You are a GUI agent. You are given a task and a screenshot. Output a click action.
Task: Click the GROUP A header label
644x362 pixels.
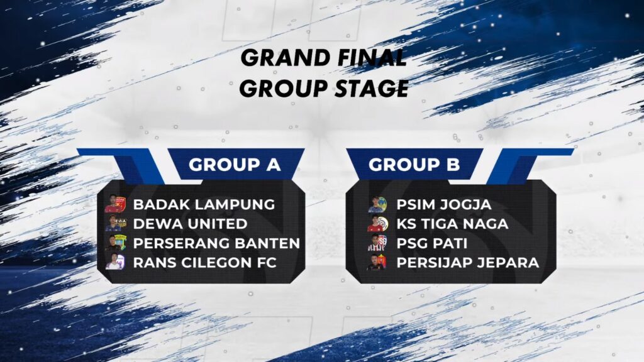pos(235,165)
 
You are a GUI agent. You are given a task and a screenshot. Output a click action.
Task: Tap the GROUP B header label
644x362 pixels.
pos(414,165)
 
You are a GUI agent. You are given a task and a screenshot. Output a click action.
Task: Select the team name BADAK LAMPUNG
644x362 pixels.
pos(204,204)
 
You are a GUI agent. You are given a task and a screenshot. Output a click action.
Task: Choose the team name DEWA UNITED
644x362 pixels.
pos(190,224)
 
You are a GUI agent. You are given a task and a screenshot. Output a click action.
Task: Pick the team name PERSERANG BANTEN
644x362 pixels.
pos(216,243)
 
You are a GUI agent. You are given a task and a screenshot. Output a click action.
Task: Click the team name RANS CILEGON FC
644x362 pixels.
pos(205,262)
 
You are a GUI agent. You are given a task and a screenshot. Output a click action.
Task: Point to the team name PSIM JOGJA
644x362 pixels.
pos(444,204)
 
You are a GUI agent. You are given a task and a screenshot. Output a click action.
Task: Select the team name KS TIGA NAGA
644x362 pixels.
pos(453,224)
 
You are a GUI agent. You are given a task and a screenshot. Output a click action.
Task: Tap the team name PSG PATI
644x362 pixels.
pos(432,243)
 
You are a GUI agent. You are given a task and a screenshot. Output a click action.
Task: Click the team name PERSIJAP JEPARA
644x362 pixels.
pos(468,262)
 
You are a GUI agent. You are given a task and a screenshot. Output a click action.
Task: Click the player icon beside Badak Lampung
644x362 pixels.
pos(115,204)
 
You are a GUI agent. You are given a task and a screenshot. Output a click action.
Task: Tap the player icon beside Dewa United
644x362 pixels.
pos(116,223)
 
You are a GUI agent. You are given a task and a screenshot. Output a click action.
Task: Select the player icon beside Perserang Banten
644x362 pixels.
pos(116,243)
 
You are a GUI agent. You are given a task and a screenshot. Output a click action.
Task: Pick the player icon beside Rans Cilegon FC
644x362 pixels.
pos(115,261)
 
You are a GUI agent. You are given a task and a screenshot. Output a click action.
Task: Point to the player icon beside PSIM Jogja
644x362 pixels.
pos(377,204)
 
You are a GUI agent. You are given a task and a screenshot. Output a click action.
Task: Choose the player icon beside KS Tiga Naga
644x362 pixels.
pos(377,224)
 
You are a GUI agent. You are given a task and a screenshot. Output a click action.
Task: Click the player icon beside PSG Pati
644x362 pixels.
pos(377,243)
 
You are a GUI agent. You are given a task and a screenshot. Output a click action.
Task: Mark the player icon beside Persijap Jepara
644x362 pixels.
pos(377,262)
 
